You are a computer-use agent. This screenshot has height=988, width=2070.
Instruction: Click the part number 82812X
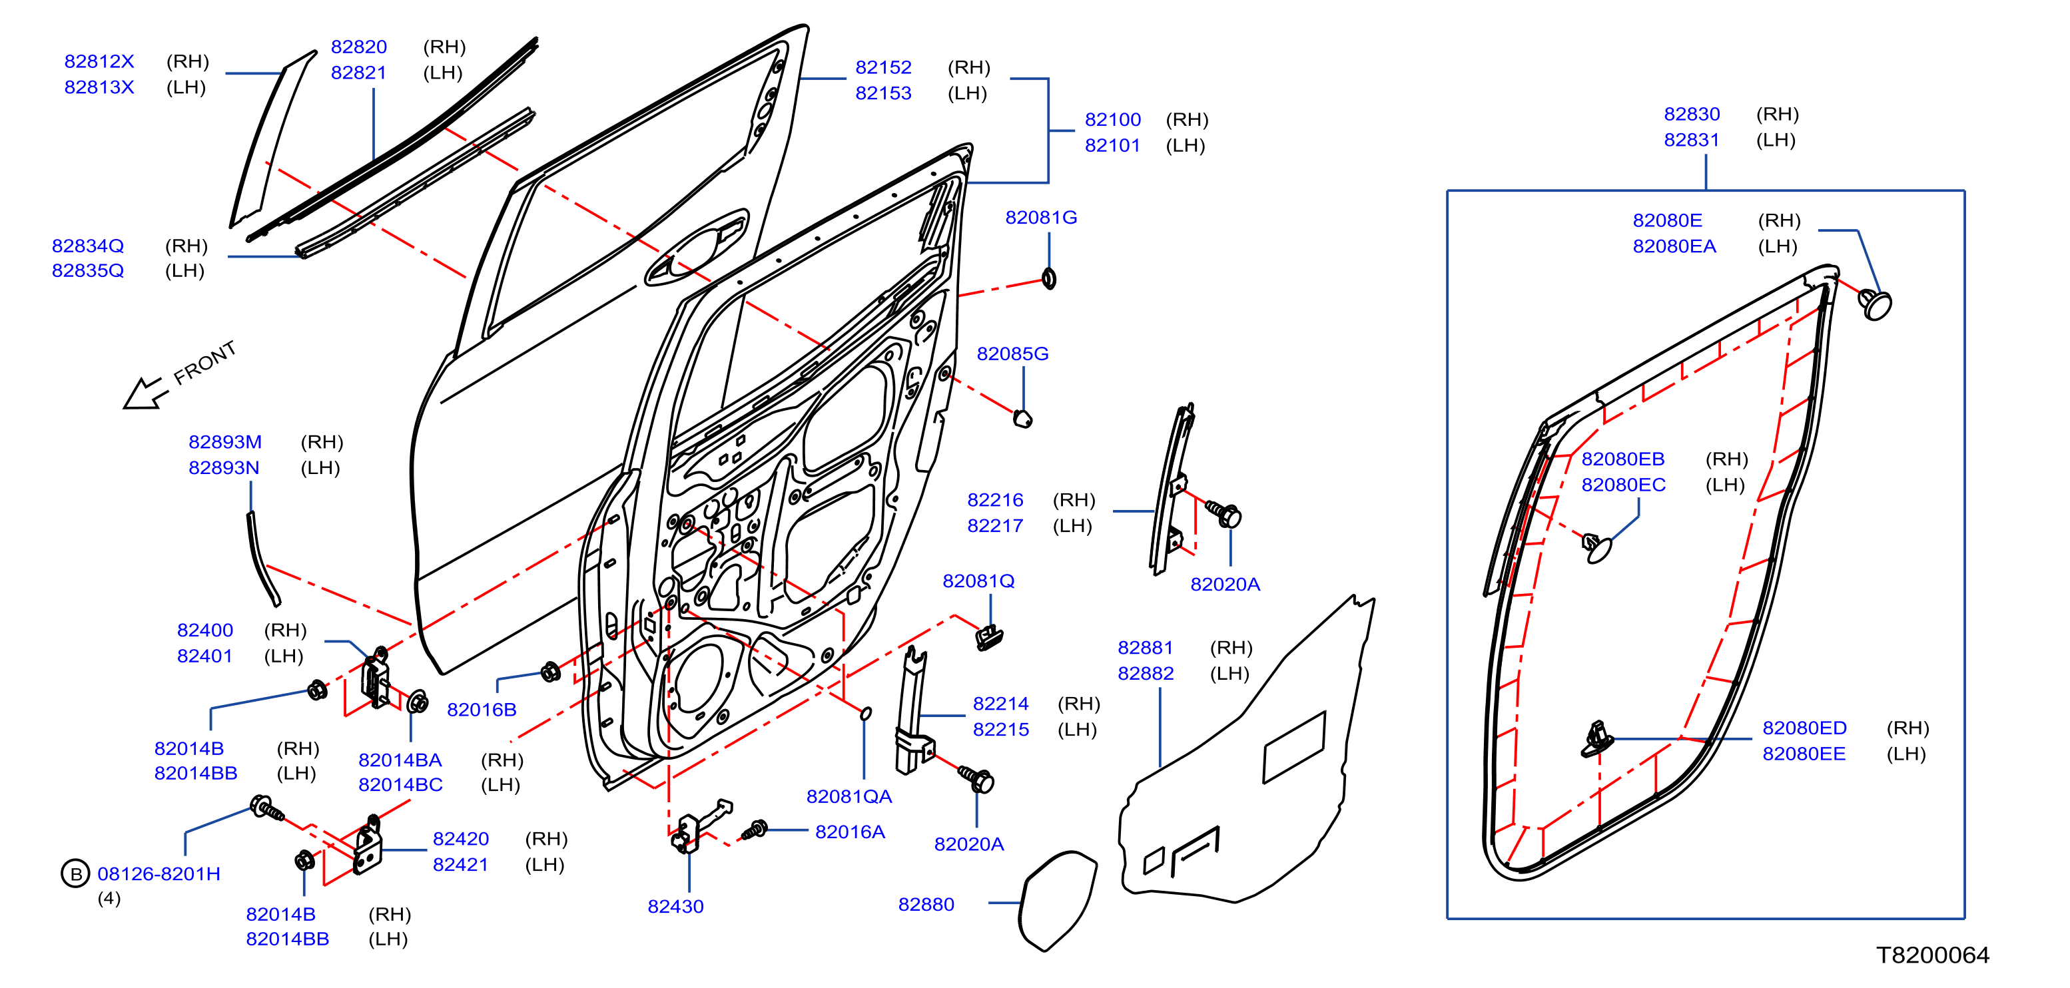tap(99, 62)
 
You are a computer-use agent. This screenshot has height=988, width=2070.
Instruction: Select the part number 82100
tap(1112, 120)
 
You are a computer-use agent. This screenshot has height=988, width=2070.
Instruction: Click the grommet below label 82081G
tap(1049, 279)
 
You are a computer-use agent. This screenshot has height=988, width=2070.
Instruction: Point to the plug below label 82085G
tap(1022, 419)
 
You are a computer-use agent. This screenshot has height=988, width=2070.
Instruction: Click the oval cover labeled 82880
tap(1058, 900)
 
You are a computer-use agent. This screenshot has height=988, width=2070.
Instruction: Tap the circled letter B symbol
tap(75, 873)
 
